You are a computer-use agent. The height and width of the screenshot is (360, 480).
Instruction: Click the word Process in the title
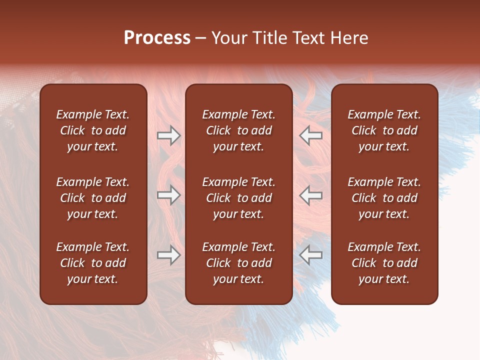click(157, 38)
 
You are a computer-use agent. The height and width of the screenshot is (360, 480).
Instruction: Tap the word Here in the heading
click(349, 38)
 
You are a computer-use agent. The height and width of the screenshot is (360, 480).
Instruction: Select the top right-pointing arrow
click(169, 135)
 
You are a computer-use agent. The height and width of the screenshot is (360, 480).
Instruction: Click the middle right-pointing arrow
click(169, 195)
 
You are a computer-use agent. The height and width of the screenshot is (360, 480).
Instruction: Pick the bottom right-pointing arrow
click(169, 255)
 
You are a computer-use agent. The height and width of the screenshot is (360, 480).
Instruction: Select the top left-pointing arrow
click(310, 135)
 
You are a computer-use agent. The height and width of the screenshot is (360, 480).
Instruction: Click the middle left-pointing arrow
click(310, 195)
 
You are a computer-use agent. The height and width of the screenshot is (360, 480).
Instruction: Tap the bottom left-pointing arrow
click(310, 255)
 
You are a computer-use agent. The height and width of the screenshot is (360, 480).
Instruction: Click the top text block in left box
click(93, 130)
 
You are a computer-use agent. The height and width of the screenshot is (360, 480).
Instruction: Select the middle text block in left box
click(93, 198)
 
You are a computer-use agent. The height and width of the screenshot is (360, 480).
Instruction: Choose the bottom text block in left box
click(93, 263)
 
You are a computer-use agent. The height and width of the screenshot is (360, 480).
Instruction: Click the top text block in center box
click(239, 130)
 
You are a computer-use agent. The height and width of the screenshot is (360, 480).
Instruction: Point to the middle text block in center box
click(239, 198)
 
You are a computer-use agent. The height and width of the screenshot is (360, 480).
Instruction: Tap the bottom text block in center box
click(239, 263)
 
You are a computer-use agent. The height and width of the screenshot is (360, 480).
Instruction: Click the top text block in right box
click(384, 130)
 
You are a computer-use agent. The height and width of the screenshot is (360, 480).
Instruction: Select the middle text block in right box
click(384, 198)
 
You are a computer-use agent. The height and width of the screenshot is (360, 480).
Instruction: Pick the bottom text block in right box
click(384, 263)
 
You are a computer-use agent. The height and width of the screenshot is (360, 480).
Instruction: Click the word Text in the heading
click(307, 38)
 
